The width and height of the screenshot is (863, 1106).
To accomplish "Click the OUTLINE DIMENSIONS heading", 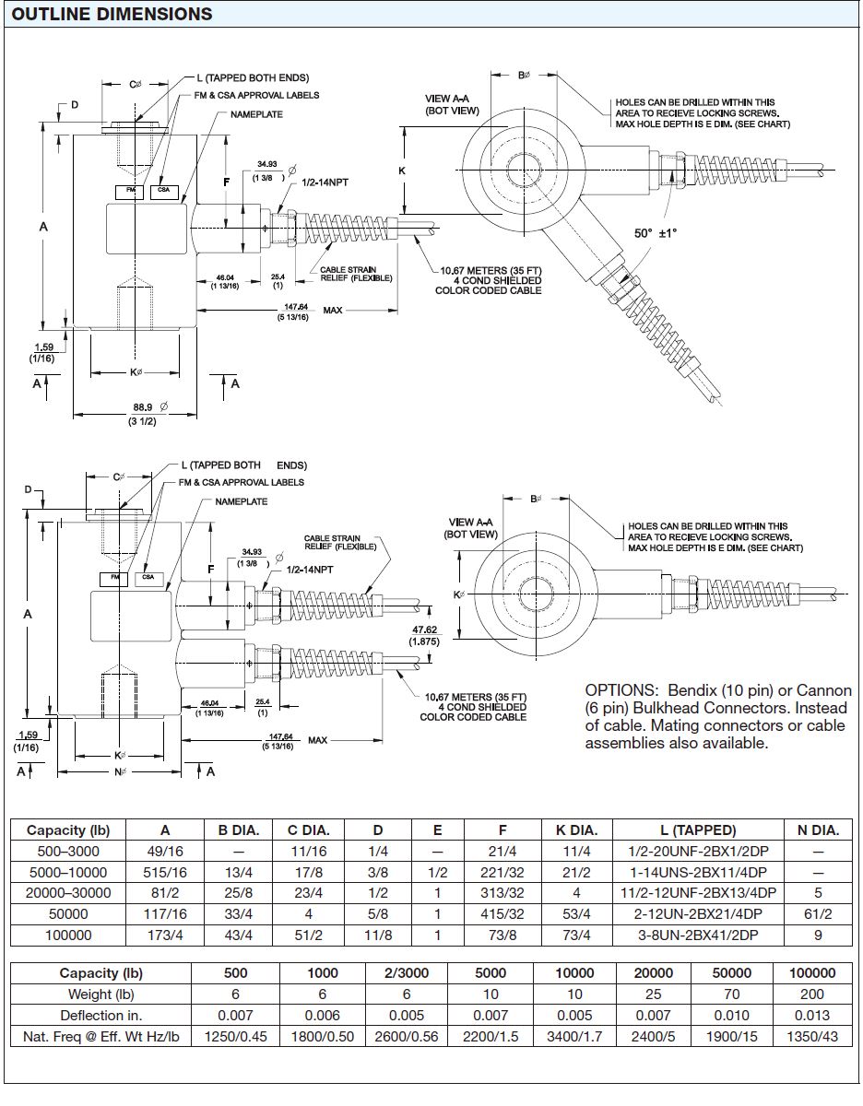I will point(112,14).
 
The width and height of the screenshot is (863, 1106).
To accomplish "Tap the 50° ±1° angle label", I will point(656,233).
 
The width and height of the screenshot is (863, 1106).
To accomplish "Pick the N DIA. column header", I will point(817,830).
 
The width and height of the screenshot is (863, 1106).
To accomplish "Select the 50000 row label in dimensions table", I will point(69,913).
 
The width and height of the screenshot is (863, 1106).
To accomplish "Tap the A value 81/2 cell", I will point(164,893).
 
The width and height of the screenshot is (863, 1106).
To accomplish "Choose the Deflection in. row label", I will point(100,1016).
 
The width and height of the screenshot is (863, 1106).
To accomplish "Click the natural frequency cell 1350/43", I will point(813,1037).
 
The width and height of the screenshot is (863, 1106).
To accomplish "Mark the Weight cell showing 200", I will point(813,994).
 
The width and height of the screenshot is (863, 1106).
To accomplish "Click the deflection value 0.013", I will point(813,1016).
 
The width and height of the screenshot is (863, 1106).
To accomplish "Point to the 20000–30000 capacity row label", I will point(69,893).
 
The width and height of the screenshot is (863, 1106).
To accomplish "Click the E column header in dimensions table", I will point(437,830).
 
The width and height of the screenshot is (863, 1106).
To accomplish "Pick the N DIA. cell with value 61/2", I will point(817,913).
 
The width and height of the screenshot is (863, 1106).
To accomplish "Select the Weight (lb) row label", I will point(100,994).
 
